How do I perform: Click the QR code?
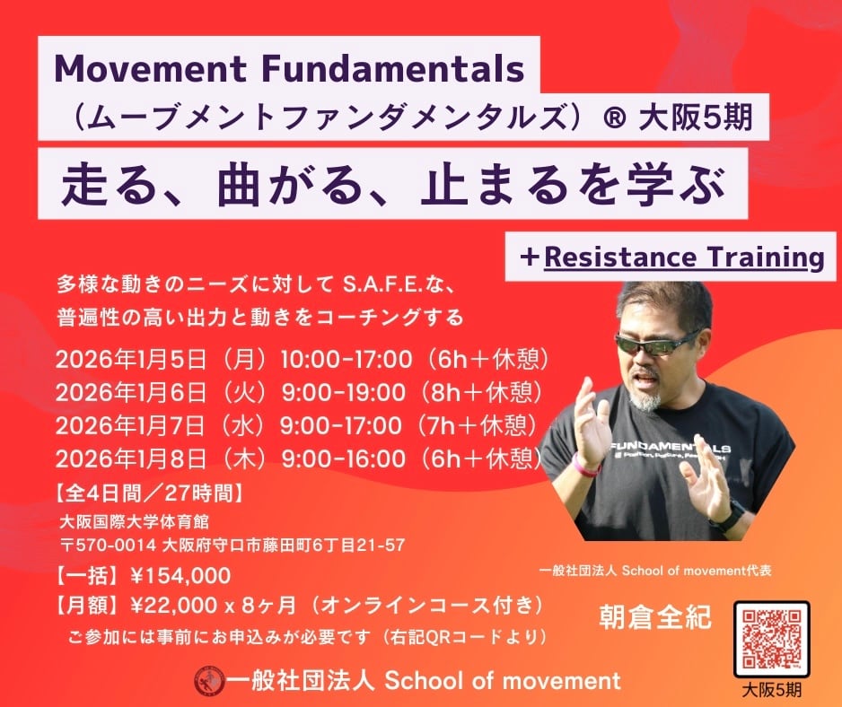tap(772, 639)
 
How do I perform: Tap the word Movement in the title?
tap(151, 69)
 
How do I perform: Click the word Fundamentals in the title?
tap(392, 69)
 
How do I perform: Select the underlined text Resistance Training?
tap(684, 257)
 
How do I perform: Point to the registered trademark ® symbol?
tap(614, 117)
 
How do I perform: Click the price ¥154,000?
tap(180, 576)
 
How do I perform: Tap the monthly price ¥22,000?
tap(174, 606)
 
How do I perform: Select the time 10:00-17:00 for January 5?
tap(346, 359)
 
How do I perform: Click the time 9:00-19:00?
tap(344, 392)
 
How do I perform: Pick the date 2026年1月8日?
tap(130, 459)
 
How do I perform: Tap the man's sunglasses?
tap(654, 344)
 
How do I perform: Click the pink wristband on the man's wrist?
tap(585, 466)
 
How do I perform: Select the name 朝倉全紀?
tap(655, 617)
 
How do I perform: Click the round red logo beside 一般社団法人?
tap(209, 681)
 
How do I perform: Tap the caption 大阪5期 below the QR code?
tap(772, 690)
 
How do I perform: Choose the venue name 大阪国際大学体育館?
tap(135, 522)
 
